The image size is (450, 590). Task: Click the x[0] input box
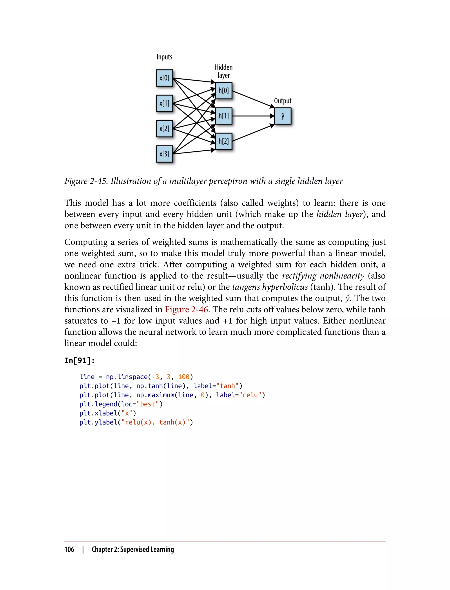[x=164, y=78]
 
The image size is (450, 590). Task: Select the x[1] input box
[x=164, y=103]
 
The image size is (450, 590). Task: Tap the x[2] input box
[x=164, y=129]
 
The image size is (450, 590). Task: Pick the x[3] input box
[x=164, y=154]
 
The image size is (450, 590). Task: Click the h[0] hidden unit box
[x=224, y=90]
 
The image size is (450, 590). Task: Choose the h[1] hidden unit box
[x=224, y=116]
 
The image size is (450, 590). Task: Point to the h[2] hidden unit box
[x=224, y=141]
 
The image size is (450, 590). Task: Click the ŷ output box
[x=283, y=116]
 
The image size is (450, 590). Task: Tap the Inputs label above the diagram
[x=164, y=57]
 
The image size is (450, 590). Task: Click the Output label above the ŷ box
[x=283, y=101]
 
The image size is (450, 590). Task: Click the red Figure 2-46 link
[x=186, y=309]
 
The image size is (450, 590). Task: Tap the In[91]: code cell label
[x=80, y=360]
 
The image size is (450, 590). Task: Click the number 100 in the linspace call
[x=184, y=377]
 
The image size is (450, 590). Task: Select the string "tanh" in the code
[x=227, y=386]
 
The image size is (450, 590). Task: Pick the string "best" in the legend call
[x=148, y=404]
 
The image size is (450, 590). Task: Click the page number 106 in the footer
[x=69, y=549]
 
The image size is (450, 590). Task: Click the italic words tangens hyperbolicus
[x=270, y=287]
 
